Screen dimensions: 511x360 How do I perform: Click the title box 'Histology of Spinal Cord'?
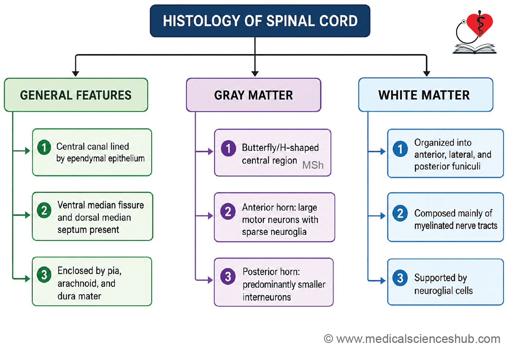(x=260, y=21)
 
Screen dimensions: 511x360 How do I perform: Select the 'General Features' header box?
(x=76, y=95)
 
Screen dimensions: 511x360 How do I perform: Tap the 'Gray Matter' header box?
(x=253, y=95)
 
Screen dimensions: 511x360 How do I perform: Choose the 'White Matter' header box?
(x=426, y=95)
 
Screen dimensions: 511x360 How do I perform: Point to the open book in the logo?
(x=475, y=49)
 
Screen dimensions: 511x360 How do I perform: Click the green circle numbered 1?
(x=44, y=147)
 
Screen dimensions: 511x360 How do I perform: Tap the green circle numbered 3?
(x=44, y=275)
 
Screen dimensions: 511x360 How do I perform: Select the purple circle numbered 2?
(x=228, y=212)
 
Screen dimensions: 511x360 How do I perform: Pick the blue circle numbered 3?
(x=400, y=278)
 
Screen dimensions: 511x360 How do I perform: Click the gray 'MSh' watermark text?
(x=313, y=165)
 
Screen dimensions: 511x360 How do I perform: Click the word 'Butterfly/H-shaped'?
(x=280, y=148)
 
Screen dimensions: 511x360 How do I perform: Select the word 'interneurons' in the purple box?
(x=267, y=297)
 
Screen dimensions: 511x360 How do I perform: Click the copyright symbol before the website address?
(x=328, y=339)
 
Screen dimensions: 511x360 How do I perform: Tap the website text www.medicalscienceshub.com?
(x=418, y=339)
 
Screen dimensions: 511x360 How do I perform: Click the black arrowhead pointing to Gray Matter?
(x=255, y=74)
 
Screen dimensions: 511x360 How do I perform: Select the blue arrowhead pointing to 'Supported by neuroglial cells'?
(x=383, y=280)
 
